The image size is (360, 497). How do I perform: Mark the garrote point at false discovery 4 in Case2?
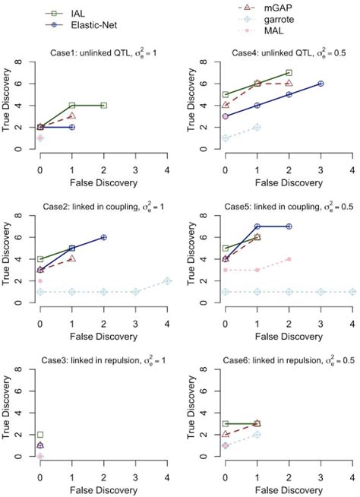point(168,281)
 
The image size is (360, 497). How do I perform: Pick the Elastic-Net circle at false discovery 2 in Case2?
point(103,237)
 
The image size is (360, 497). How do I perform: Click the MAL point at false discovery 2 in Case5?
point(289,259)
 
